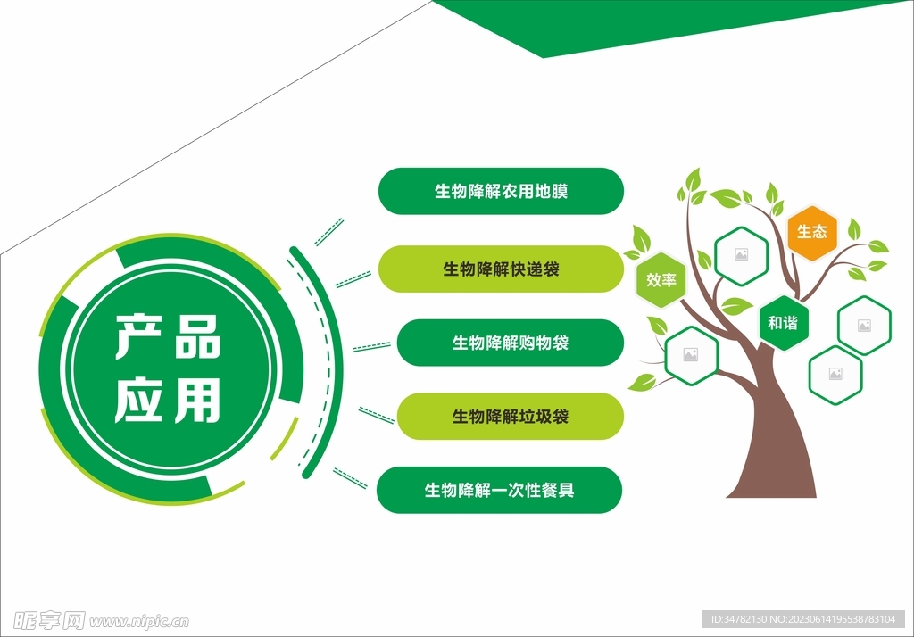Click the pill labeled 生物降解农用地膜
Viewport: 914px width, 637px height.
[501, 191]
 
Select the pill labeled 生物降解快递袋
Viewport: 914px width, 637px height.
[501, 269]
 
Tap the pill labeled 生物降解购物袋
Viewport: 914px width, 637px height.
[510, 343]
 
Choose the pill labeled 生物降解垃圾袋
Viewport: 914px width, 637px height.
[510, 416]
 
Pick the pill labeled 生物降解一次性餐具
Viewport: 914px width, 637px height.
[500, 490]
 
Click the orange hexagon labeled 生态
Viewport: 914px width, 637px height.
[812, 232]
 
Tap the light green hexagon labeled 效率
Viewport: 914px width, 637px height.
[661, 280]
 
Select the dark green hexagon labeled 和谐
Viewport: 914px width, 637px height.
[784, 323]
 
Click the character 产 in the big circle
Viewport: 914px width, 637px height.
[138, 336]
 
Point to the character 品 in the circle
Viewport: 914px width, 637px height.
[198, 336]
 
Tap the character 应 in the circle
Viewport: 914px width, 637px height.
[138, 400]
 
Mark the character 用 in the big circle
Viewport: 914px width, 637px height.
[197, 400]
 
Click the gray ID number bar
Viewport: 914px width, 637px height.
[804, 619]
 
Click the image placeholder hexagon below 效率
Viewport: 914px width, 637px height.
[692, 355]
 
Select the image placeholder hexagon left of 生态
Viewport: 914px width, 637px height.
[742, 255]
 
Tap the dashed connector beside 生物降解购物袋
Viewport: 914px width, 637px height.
[372, 347]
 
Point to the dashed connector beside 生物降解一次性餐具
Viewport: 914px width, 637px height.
[350, 478]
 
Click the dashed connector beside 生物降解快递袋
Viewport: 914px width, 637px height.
[353, 279]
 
